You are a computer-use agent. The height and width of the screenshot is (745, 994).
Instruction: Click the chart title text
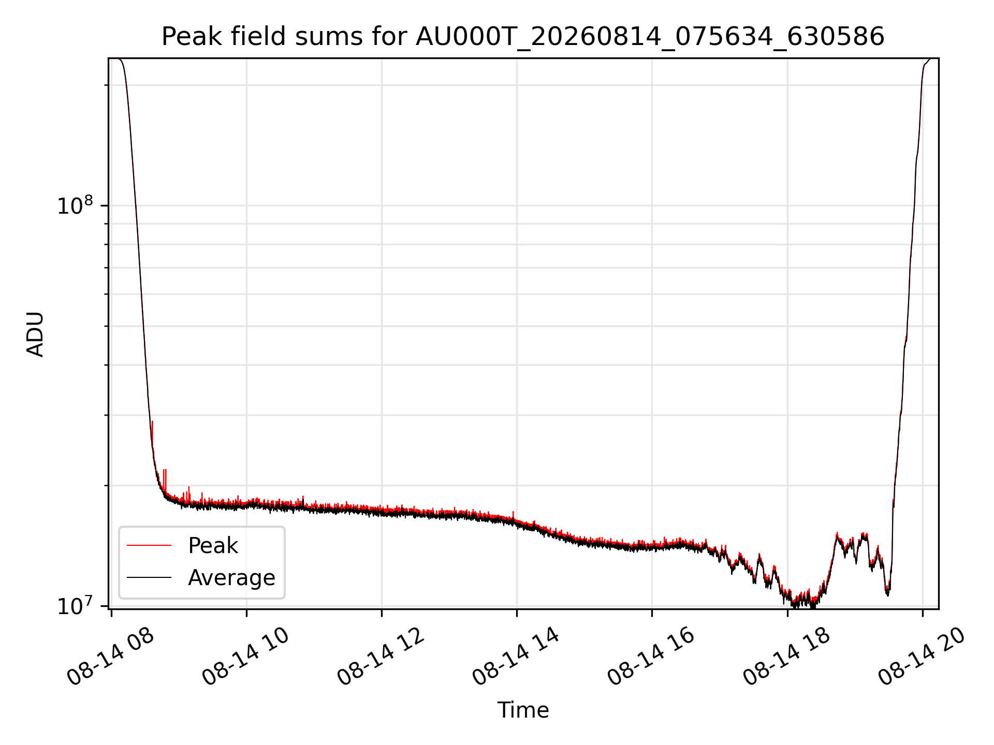coord(523,37)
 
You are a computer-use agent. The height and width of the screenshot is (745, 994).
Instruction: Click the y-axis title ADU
coord(35,334)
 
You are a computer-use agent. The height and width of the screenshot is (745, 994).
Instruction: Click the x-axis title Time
coord(523,710)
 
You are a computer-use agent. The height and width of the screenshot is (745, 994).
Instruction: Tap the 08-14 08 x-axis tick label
coord(111,657)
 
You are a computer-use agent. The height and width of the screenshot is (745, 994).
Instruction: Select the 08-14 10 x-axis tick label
coord(246,657)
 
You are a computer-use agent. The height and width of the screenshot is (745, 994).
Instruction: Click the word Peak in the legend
coord(213,546)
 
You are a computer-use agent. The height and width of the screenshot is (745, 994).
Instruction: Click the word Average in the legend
coord(231,577)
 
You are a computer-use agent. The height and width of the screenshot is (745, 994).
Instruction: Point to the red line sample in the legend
coord(149,545)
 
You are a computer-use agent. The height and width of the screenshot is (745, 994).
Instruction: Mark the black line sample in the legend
coord(149,577)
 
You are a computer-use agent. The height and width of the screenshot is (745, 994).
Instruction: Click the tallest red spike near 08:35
coord(152,421)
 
